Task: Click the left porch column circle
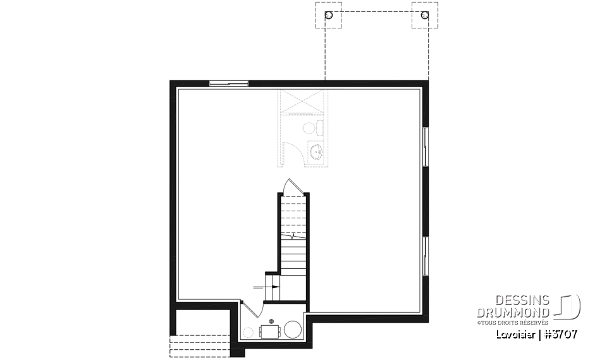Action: click(328, 15)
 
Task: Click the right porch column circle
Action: click(424, 15)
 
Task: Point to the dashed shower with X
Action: click(302, 102)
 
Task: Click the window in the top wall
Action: click(228, 82)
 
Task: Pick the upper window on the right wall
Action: click(426, 147)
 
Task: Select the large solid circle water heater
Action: click(292, 330)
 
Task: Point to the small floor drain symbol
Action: click(271, 320)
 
